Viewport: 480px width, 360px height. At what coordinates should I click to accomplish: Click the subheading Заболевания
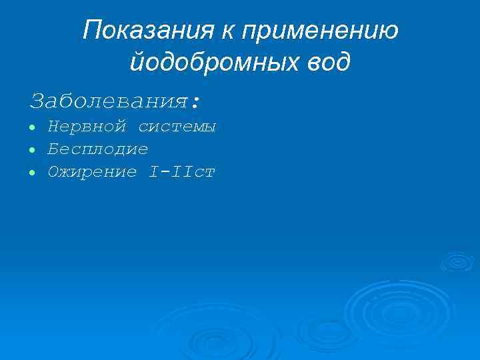110,101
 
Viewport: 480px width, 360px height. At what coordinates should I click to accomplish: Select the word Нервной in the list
87,127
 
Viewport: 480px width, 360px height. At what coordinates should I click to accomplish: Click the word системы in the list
177,127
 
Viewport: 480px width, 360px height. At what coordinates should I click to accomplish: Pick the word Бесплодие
97,149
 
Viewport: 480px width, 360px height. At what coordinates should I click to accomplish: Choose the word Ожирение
92,172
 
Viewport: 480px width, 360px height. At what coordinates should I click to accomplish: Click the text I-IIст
182,172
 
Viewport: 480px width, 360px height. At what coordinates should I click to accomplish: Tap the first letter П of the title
91,30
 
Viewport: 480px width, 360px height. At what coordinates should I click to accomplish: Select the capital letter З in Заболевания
37,101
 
